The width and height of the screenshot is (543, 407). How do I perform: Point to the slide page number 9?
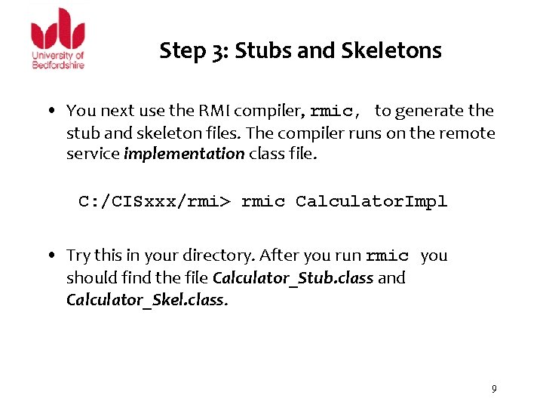click(x=494, y=389)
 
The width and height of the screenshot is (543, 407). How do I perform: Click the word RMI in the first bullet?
click(x=215, y=111)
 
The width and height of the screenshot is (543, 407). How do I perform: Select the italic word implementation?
click(x=184, y=155)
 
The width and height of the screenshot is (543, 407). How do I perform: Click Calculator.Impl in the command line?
click(x=371, y=201)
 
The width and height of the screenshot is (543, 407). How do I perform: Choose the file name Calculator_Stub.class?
click(x=293, y=278)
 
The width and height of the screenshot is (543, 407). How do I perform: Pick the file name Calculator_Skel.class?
click(x=146, y=300)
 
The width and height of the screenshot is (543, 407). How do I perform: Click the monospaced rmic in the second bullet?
click(x=387, y=256)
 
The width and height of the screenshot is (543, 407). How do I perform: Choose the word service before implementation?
click(x=93, y=155)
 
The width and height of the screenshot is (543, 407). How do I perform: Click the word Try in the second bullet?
click(x=78, y=256)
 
